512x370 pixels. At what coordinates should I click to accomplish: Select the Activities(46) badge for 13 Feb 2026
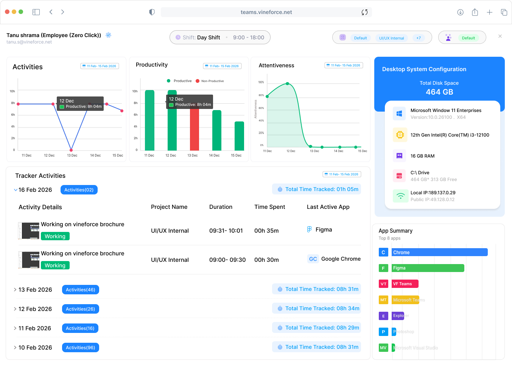click(80, 290)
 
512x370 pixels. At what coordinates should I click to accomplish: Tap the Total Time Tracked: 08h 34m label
click(317, 308)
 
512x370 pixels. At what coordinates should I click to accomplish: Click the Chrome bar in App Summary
click(439, 252)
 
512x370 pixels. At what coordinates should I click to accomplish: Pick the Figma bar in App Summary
click(428, 268)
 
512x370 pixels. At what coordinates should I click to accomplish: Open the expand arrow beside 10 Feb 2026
click(15, 348)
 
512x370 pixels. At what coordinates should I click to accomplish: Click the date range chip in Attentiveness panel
click(344, 65)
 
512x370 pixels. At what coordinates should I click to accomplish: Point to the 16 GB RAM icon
click(399, 155)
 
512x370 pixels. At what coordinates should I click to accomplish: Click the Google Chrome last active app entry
click(334, 259)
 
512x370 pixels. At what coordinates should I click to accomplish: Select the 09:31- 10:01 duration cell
click(226, 231)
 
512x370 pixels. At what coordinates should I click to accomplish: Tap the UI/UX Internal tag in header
click(391, 38)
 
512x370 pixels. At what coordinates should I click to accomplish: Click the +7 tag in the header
click(419, 38)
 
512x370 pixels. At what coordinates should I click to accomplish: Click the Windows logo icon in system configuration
click(399, 113)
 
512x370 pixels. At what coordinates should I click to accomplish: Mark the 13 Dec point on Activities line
click(71, 150)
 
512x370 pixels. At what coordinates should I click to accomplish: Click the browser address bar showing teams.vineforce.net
click(266, 12)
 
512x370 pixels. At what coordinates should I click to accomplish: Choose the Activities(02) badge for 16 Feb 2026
click(79, 190)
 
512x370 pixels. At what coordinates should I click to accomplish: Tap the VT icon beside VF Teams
click(383, 284)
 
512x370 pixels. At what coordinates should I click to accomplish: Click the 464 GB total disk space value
click(439, 92)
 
